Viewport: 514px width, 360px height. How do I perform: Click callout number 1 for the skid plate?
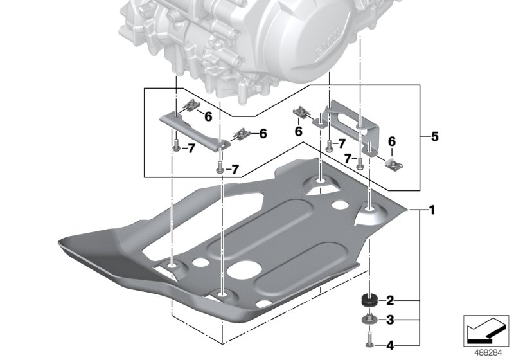click(433, 210)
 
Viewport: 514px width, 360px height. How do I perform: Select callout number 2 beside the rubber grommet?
click(390, 300)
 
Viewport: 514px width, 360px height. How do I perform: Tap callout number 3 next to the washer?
click(390, 319)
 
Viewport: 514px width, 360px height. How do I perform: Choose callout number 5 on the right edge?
click(434, 136)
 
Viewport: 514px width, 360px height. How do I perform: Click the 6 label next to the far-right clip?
click(391, 141)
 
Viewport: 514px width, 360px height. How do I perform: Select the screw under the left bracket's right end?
click(221, 167)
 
